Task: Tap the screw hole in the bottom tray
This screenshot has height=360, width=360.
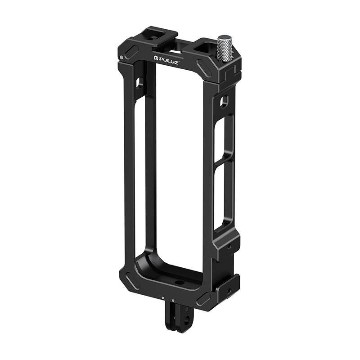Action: pyautogui.click(x=180, y=283)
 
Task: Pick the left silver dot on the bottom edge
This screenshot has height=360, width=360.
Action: pyautogui.click(x=163, y=297)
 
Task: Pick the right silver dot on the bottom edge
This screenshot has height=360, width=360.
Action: pyautogui.click(x=173, y=300)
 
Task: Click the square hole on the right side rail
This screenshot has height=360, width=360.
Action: pyautogui.click(x=224, y=102)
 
